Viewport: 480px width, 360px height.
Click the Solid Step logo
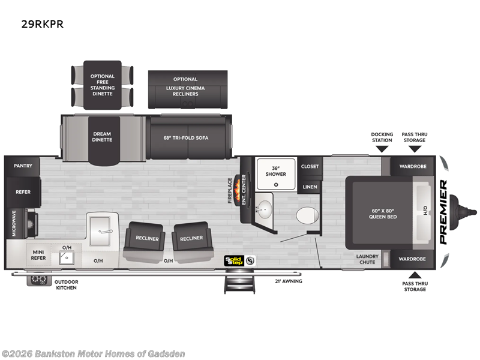click(234, 260)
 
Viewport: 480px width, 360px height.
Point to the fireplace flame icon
click(244, 181)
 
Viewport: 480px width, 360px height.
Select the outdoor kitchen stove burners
click(40, 280)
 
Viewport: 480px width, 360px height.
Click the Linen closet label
click(310, 187)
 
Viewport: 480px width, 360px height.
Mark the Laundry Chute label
click(367, 259)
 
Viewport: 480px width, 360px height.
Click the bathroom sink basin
click(263, 209)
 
